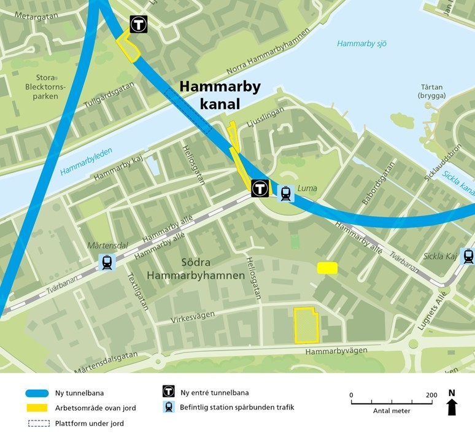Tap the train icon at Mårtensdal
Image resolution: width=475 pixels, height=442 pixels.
(x=107, y=263)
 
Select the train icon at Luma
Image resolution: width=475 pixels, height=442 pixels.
(x=285, y=193)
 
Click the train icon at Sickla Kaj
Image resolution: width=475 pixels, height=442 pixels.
(x=469, y=256)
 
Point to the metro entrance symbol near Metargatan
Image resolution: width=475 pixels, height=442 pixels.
(x=139, y=25)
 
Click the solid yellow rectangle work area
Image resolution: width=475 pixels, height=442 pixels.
(x=327, y=268)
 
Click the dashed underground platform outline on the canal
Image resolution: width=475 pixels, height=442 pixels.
(x=188, y=110)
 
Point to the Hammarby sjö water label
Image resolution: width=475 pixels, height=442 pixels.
(x=361, y=44)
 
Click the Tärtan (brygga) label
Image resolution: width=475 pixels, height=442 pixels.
(x=431, y=91)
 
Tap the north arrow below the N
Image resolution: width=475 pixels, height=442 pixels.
(x=452, y=406)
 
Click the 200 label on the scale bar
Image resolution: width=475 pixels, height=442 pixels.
(x=431, y=395)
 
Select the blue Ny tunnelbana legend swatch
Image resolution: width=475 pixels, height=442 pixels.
(x=37, y=393)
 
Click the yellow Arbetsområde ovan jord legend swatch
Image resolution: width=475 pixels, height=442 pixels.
(x=37, y=408)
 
